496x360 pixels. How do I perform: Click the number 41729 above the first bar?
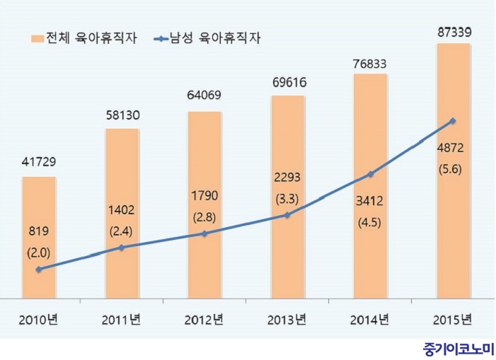pos(39,163)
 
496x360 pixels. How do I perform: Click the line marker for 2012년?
pos(204,233)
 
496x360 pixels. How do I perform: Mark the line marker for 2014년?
pos(370,174)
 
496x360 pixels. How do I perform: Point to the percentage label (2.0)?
pos(39,252)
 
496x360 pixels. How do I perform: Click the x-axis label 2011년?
pos(122,319)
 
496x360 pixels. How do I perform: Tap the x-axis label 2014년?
pos(370,319)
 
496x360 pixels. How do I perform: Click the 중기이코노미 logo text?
pos(458,349)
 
